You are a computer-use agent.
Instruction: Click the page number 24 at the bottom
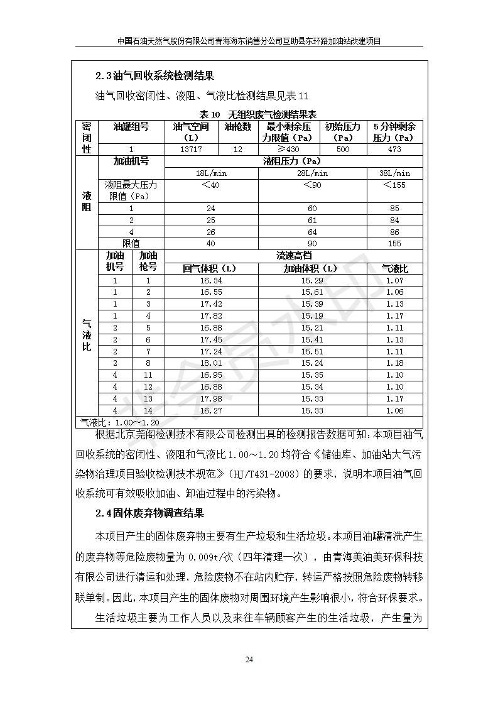tap(249, 659)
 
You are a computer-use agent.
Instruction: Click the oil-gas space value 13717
tap(191, 150)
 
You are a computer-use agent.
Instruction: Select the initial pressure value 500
tap(343, 150)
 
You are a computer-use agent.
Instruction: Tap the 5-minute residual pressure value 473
tap(394, 150)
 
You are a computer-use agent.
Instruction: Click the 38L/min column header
tap(394, 173)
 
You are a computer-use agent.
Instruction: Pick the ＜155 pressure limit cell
tap(394, 185)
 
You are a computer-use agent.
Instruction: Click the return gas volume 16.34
tap(210, 280)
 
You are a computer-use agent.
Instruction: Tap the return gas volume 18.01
tap(210, 363)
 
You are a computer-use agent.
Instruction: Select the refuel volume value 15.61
tap(312, 292)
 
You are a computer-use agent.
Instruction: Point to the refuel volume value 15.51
tap(312, 351)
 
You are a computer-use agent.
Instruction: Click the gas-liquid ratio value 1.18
tap(394, 363)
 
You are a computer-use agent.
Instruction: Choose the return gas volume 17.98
tap(210, 399)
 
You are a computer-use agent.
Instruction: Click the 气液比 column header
tap(394, 268)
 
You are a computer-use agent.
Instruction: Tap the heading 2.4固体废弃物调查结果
tap(149, 513)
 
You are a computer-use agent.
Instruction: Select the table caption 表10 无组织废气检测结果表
tap(257, 114)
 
